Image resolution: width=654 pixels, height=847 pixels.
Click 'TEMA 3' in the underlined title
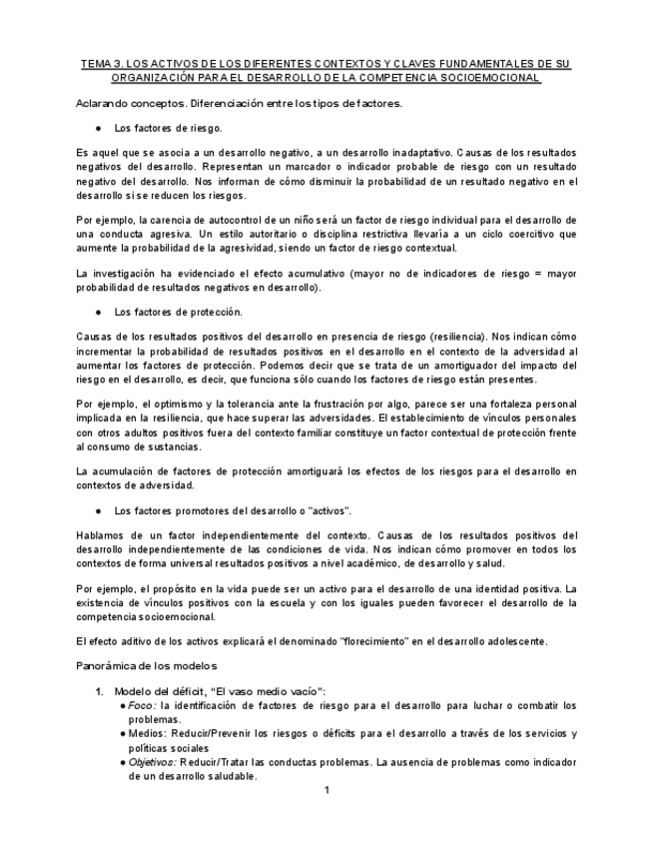[x=100, y=64]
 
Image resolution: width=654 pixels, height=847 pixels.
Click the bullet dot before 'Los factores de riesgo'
[x=98, y=128]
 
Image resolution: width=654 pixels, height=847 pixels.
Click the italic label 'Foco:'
[x=141, y=705]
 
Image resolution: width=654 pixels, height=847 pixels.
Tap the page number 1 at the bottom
[x=327, y=791]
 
